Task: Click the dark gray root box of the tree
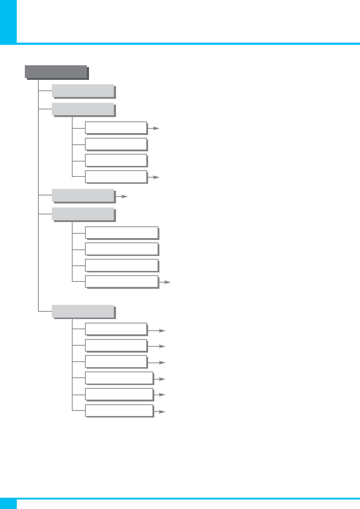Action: coord(56,71)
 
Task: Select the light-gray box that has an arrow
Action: coord(83,195)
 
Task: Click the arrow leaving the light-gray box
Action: coord(122,197)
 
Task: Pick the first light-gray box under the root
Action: coord(83,91)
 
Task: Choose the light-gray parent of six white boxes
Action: coord(83,311)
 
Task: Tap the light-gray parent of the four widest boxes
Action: coord(83,214)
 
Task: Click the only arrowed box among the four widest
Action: coord(121,281)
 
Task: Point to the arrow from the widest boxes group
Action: coord(165,282)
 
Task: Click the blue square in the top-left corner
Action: coord(8,22)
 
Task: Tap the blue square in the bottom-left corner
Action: coord(8,504)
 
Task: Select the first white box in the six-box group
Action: coord(116,329)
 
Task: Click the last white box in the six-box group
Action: coord(119,411)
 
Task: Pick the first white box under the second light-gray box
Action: coord(116,128)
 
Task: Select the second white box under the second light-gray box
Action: coord(116,144)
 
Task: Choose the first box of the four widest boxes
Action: coord(121,233)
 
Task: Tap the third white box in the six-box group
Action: coord(116,361)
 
